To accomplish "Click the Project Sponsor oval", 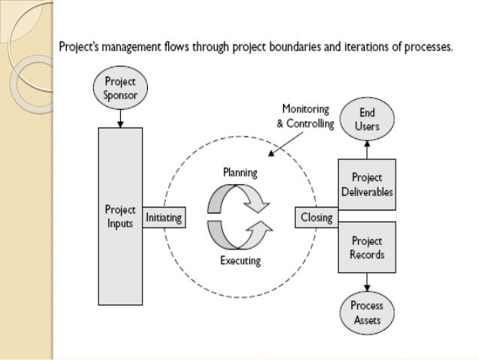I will tap(121, 86).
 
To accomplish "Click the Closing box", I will tap(316, 217).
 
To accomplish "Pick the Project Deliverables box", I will tap(367, 186).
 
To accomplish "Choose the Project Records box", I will tap(367, 248).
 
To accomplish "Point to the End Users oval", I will tap(367, 119).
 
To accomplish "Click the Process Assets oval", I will tap(367, 313).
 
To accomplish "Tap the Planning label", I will tap(239, 172).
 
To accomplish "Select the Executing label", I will tap(240, 262).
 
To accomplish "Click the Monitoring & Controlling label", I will tap(305, 116).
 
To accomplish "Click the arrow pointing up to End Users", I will tap(367, 149).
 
